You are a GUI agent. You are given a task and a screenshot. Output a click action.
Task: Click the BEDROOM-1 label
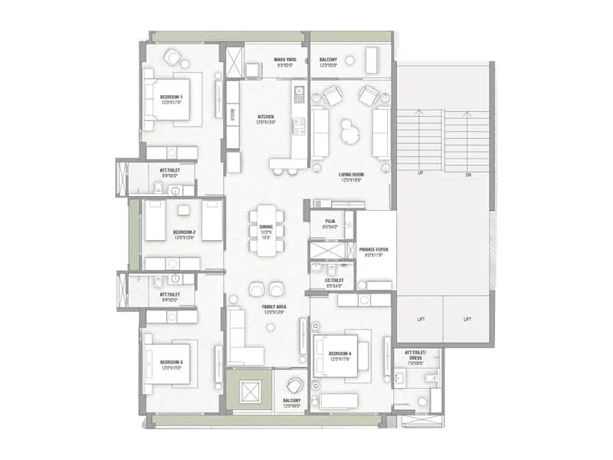pyautogui.click(x=172, y=97)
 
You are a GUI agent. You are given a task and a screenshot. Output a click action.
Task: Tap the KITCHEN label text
pyautogui.click(x=265, y=117)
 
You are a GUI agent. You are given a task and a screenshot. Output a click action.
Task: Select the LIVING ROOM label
pyautogui.click(x=352, y=175)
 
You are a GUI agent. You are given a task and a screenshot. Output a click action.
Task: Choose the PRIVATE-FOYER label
pyautogui.click(x=375, y=248)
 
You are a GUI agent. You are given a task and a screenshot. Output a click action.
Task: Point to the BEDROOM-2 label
pyautogui.click(x=184, y=232)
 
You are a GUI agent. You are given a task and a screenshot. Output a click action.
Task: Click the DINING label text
pyautogui.click(x=266, y=227)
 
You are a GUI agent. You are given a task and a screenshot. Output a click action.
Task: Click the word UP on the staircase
pyautogui.click(x=420, y=173)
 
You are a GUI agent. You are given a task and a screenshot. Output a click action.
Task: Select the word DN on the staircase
pyautogui.click(x=469, y=173)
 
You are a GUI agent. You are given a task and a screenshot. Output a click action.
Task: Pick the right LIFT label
pyautogui.click(x=466, y=319)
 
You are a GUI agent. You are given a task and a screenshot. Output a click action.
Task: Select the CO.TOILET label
pyautogui.click(x=333, y=281)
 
